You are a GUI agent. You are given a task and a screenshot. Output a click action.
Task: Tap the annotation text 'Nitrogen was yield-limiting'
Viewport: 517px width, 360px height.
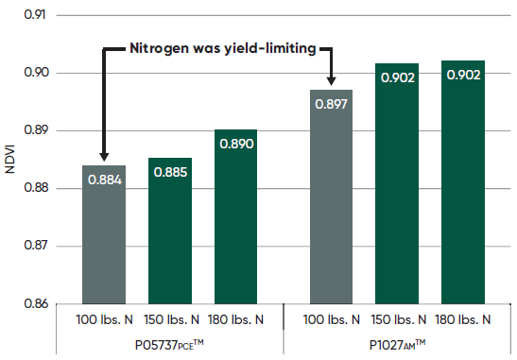coord(223,47)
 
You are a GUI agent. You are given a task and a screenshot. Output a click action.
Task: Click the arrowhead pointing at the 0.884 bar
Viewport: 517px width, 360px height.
coord(104,157)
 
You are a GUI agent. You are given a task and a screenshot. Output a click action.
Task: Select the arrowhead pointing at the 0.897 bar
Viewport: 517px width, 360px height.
coord(332,81)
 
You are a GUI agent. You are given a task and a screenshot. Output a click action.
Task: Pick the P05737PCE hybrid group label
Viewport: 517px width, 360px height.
coord(170,343)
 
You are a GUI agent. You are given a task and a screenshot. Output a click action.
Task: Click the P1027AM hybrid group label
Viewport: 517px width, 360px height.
coord(398,343)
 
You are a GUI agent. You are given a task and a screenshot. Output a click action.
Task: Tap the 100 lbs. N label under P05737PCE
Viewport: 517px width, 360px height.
coord(104,319)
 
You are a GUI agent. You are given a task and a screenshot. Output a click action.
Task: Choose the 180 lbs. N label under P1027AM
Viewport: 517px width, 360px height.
coord(463,319)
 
